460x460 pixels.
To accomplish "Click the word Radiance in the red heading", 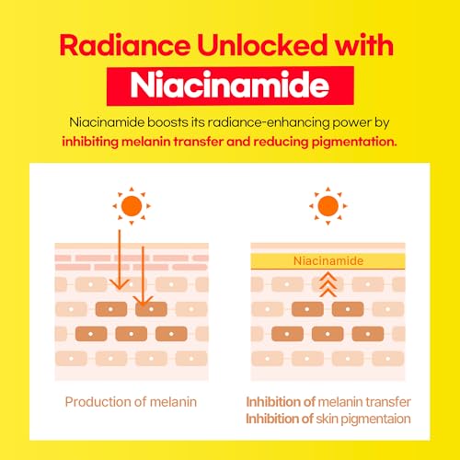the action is (x=125, y=45).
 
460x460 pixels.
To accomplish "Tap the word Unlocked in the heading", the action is (x=261, y=45).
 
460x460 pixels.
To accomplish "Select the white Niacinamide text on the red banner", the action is (x=230, y=85).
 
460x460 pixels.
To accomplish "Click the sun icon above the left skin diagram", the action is (x=132, y=206).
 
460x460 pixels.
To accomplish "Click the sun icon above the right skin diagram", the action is (x=328, y=206).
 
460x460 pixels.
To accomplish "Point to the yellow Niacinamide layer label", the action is (x=328, y=261).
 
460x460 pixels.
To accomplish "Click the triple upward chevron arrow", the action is (x=328, y=285).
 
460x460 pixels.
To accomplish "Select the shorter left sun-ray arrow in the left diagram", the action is (x=120, y=259).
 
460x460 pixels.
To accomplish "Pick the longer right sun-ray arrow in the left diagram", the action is (x=144, y=276).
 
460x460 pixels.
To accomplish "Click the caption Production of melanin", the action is (x=131, y=402).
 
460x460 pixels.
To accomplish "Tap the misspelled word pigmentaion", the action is (x=375, y=420).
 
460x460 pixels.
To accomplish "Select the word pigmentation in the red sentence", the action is (x=354, y=142).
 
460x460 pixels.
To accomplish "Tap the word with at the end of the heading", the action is (x=364, y=45).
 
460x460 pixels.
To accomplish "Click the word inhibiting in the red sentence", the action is (x=90, y=142).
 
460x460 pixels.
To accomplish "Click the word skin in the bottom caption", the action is (x=327, y=419).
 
